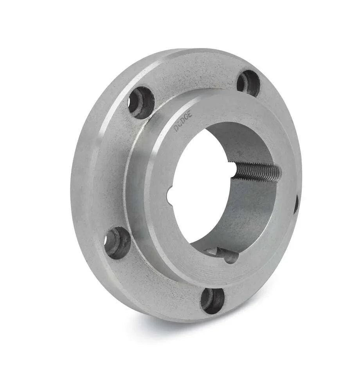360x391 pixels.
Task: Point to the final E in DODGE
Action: click(191, 116)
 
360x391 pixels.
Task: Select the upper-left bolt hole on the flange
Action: click(140, 102)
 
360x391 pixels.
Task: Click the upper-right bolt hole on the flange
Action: click(248, 83)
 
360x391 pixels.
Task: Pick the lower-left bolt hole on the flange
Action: click(117, 242)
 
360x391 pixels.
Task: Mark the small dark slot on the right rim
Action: click(296, 204)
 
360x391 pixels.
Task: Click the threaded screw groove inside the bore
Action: click(258, 171)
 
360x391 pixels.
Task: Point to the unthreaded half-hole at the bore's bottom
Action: click(227, 255)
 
